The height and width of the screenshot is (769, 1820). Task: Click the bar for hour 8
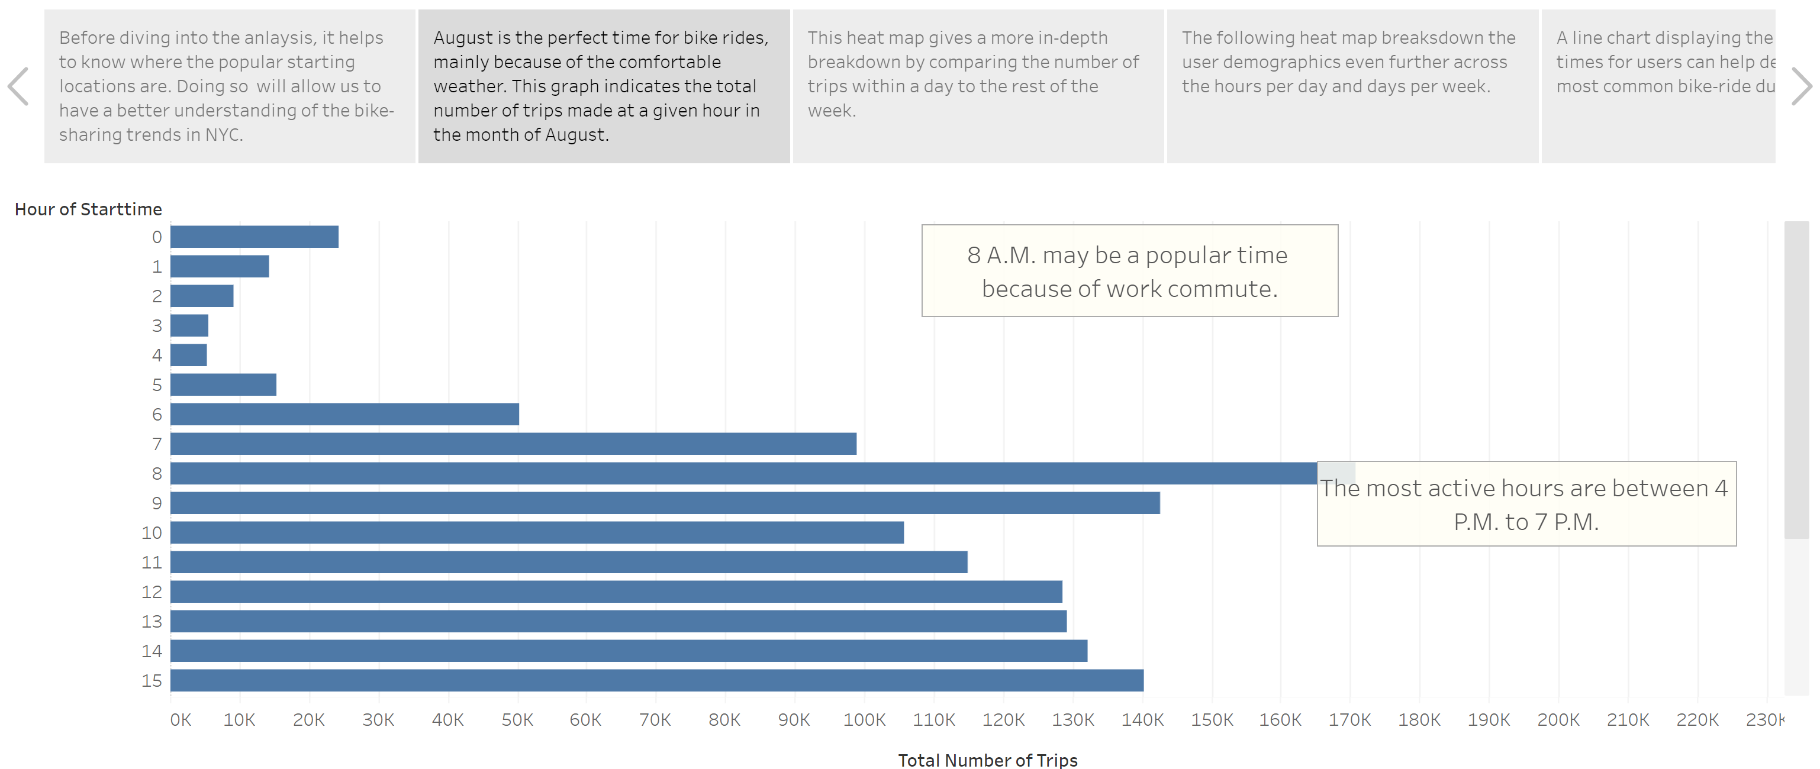click(742, 473)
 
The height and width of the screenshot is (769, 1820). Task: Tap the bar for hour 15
click(656, 680)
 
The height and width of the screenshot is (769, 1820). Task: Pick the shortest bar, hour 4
click(189, 355)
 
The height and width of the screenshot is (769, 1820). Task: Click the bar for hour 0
click(255, 237)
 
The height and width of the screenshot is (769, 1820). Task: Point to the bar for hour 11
click(569, 562)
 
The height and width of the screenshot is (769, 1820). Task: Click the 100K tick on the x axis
click(864, 719)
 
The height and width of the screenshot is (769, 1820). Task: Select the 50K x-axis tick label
click(517, 719)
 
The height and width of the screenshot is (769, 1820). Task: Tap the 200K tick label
click(1558, 719)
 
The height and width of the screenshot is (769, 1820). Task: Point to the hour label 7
click(157, 444)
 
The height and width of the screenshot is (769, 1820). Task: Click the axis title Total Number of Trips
click(987, 760)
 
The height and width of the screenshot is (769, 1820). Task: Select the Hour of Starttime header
click(88, 209)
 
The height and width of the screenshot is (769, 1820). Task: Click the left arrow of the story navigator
click(18, 86)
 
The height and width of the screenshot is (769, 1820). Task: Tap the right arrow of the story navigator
click(1801, 86)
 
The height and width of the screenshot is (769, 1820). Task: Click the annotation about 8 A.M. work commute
click(1129, 271)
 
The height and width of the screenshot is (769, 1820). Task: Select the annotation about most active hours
click(1526, 504)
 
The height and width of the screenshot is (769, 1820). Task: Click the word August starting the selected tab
click(463, 37)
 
